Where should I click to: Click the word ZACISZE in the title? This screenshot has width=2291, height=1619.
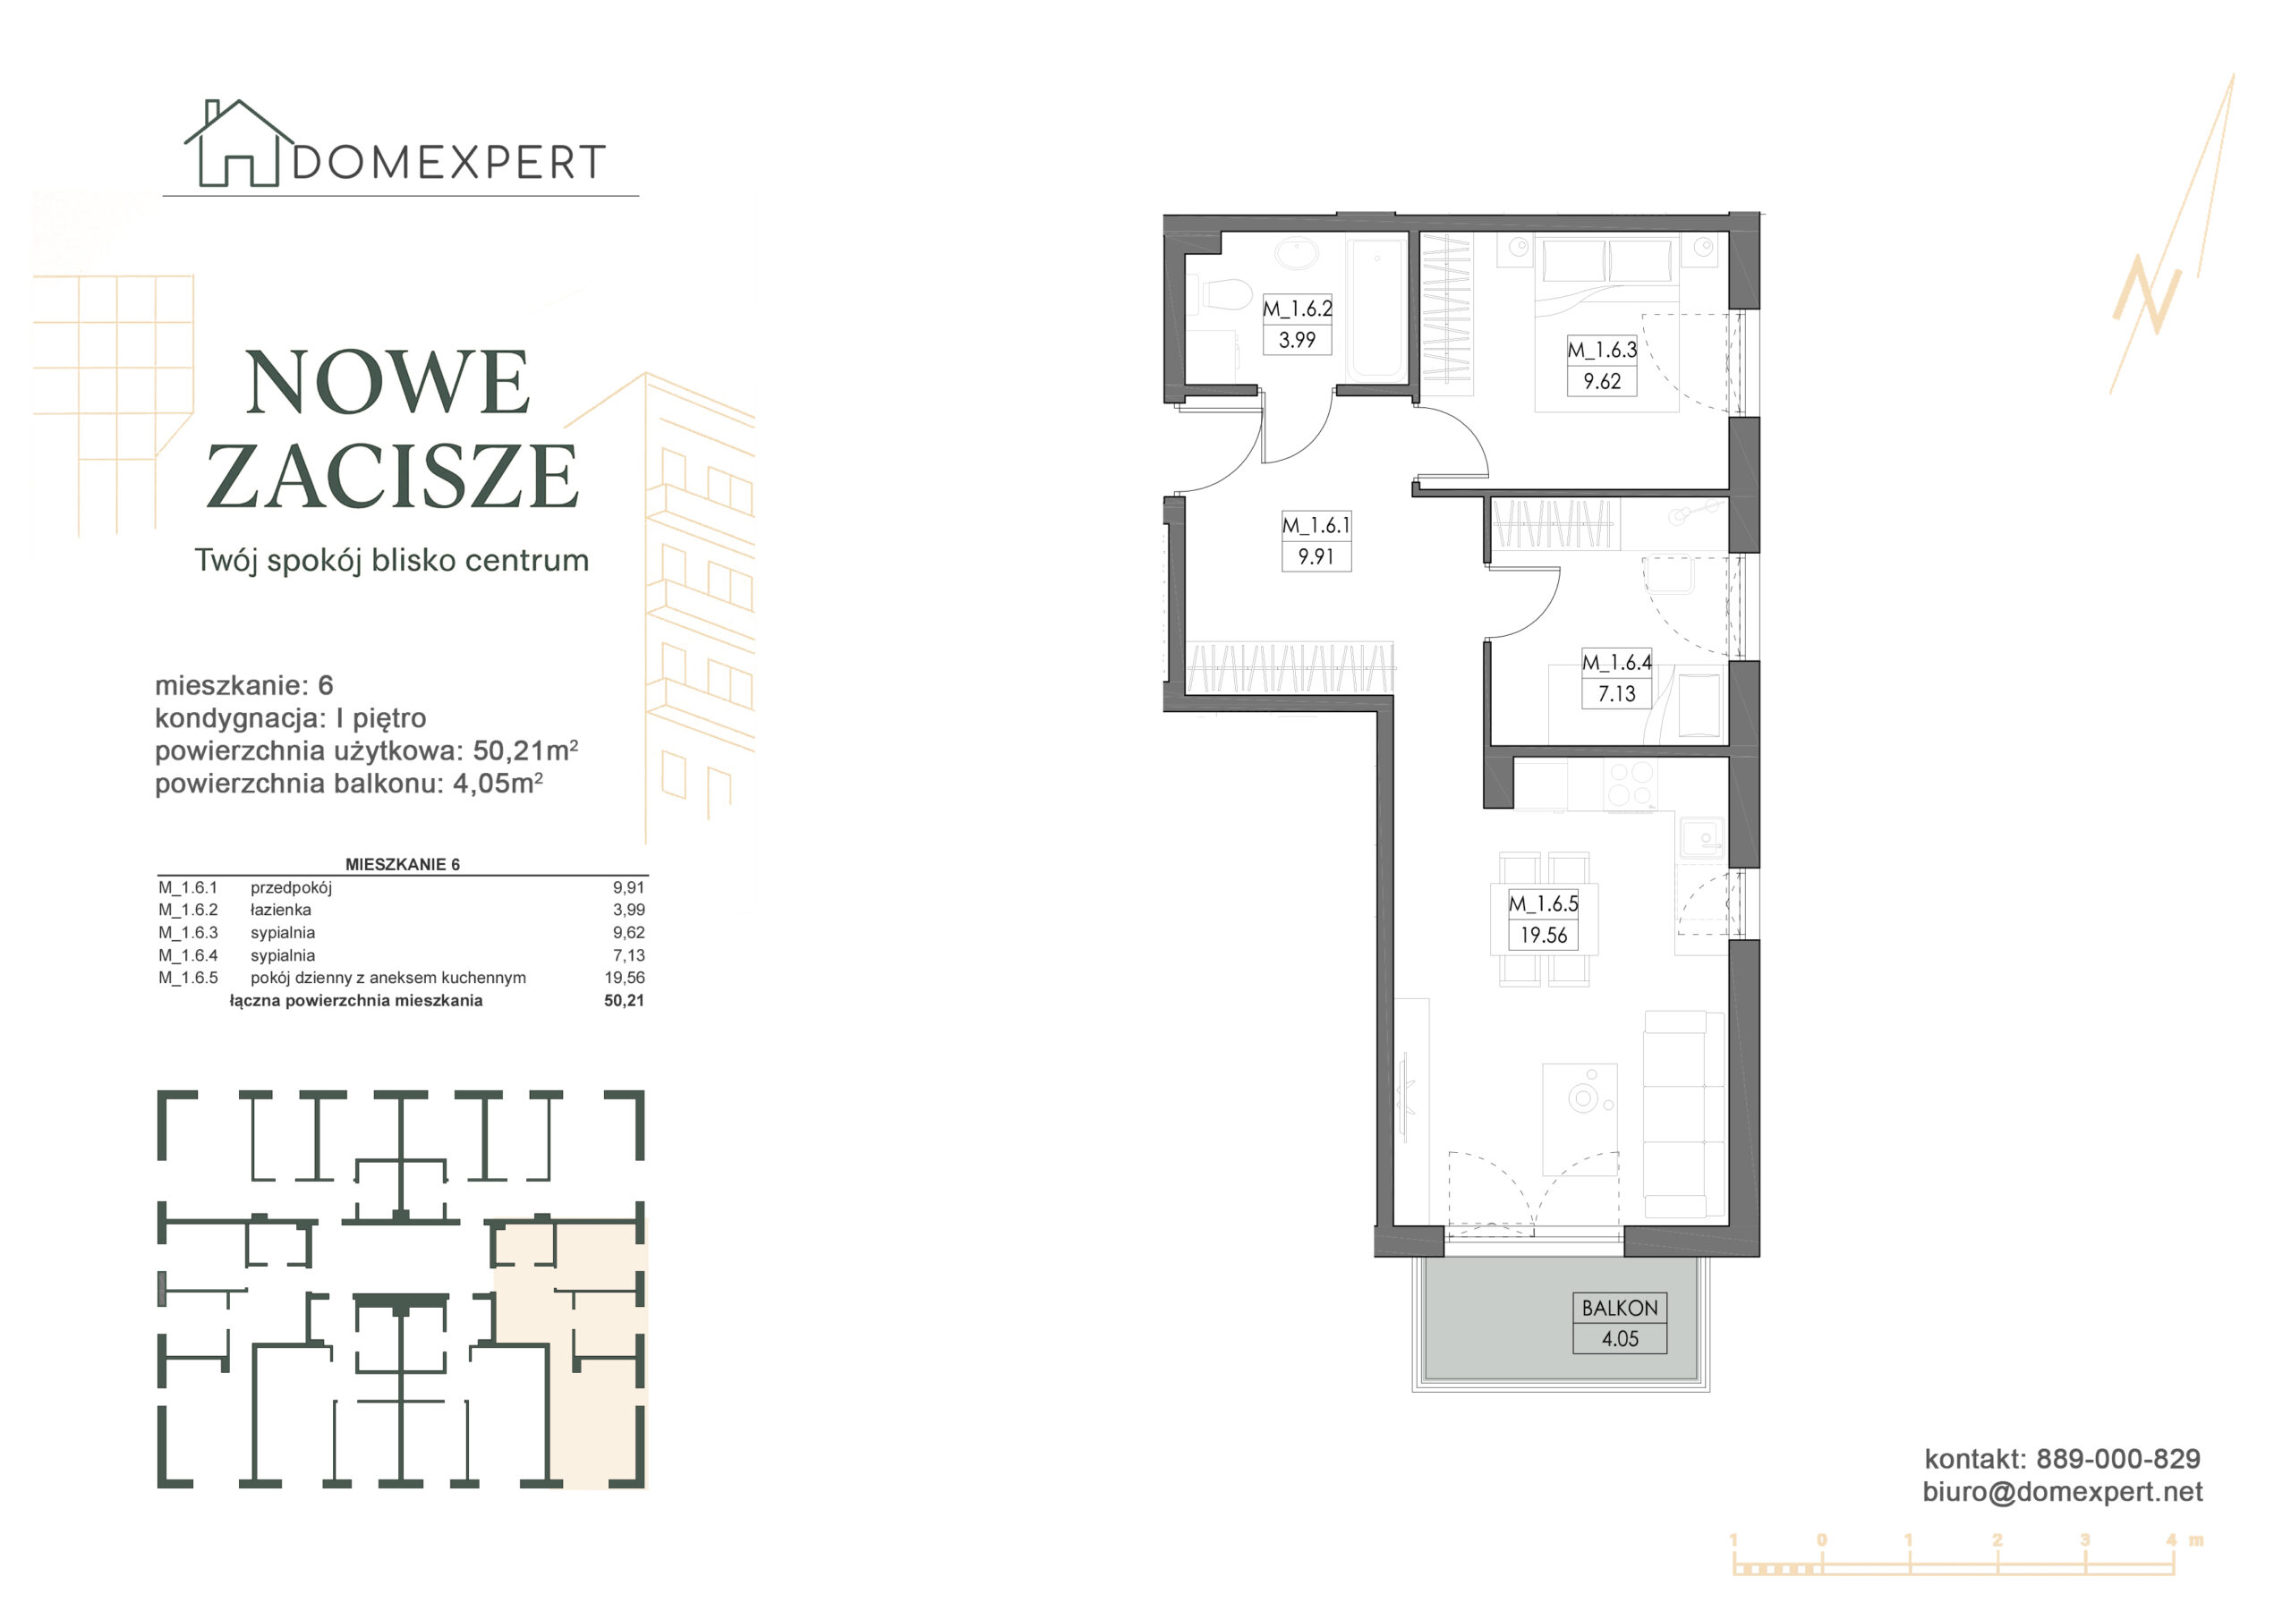[x=392, y=476]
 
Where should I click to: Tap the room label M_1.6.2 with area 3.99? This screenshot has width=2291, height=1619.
[x=1297, y=324]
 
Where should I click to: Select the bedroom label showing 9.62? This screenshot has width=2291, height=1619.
[x=1602, y=365]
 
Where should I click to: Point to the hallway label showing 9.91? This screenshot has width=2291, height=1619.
[x=1316, y=540]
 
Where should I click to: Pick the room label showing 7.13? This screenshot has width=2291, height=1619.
[x=1616, y=678]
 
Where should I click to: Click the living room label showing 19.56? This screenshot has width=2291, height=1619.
[x=1544, y=920]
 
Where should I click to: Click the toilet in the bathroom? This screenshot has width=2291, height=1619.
[x=1225, y=295]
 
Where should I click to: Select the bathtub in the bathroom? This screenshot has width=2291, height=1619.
[x=1377, y=309]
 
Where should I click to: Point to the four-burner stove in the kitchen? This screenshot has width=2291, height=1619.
[x=1630, y=784]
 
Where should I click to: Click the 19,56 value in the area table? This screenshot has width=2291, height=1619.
[x=625, y=978]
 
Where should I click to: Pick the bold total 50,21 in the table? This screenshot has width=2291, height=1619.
[x=625, y=1001]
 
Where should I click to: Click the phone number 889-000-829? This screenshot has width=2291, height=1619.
[x=2118, y=1458]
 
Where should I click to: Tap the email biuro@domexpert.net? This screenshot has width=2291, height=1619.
[x=2063, y=1491]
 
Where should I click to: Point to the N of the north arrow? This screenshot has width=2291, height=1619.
[x=2146, y=294]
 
